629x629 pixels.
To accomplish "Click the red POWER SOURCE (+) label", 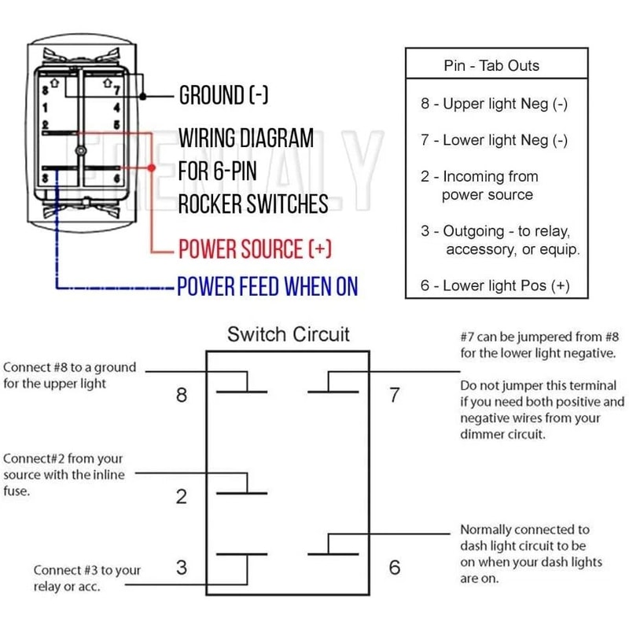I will point(256,250).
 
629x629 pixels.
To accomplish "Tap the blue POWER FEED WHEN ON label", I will point(267,287).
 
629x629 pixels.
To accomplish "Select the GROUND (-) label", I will point(224,96).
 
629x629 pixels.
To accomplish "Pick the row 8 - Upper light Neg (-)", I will point(494,104).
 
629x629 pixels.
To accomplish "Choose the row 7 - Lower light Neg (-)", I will point(494,141).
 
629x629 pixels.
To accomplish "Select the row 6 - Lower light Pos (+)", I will point(495,285).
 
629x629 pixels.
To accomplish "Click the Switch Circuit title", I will point(289,334).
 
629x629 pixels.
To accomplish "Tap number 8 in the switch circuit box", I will point(182,395).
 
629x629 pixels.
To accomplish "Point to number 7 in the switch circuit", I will point(395,395).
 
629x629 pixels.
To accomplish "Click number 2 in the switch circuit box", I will point(182,496).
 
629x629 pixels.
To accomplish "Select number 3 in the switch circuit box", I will point(182,567).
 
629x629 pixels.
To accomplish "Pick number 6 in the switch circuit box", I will point(395,567).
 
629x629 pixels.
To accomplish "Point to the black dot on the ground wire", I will point(143,97).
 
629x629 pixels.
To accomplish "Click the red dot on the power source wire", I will point(151,168).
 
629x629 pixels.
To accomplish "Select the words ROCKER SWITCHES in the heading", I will point(252,204).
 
